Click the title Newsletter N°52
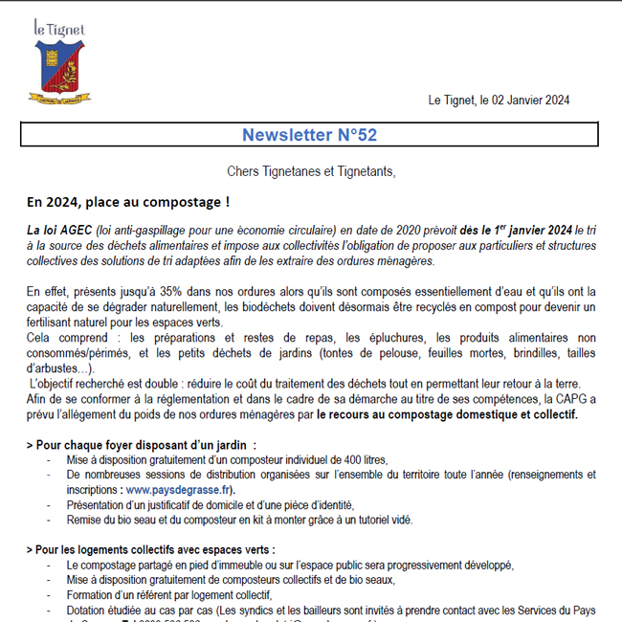tap(309, 135)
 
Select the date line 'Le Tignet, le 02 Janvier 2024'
tap(500, 100)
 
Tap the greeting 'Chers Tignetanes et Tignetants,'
tap(311, 172)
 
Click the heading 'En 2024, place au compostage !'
tap(128, 202)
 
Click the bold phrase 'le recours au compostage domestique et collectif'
tap(447, 415)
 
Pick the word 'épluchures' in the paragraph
tap(396, 338)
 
